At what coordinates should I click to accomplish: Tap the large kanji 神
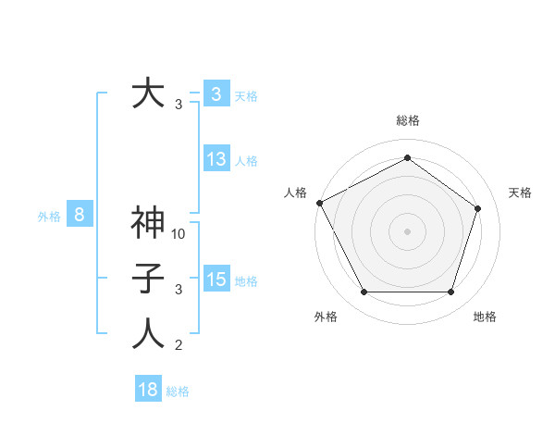pos(149,224)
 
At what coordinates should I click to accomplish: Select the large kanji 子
pos(149,280)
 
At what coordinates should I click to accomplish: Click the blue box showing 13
pos(216,159)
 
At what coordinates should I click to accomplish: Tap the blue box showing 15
pos(216,280)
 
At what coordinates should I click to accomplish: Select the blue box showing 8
pos(80,216)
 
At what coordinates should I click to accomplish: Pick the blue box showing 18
pos(148,390)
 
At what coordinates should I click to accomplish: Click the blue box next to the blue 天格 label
pos(216,94)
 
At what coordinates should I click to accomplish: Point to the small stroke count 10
pos(179,234)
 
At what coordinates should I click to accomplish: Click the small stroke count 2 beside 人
pos(179,346)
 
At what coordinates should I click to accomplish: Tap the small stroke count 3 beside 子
pos(179,290)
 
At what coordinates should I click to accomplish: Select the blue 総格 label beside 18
pos(178,391)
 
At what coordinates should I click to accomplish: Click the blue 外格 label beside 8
pos(49,217)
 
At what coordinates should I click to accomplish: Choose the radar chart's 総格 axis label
pos(408,120)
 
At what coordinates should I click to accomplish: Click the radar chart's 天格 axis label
pos(521,193)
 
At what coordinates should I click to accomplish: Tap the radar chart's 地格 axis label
pos(485,317)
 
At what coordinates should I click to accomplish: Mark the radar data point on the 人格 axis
pos(319,203)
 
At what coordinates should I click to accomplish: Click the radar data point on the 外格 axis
pos(364,292)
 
